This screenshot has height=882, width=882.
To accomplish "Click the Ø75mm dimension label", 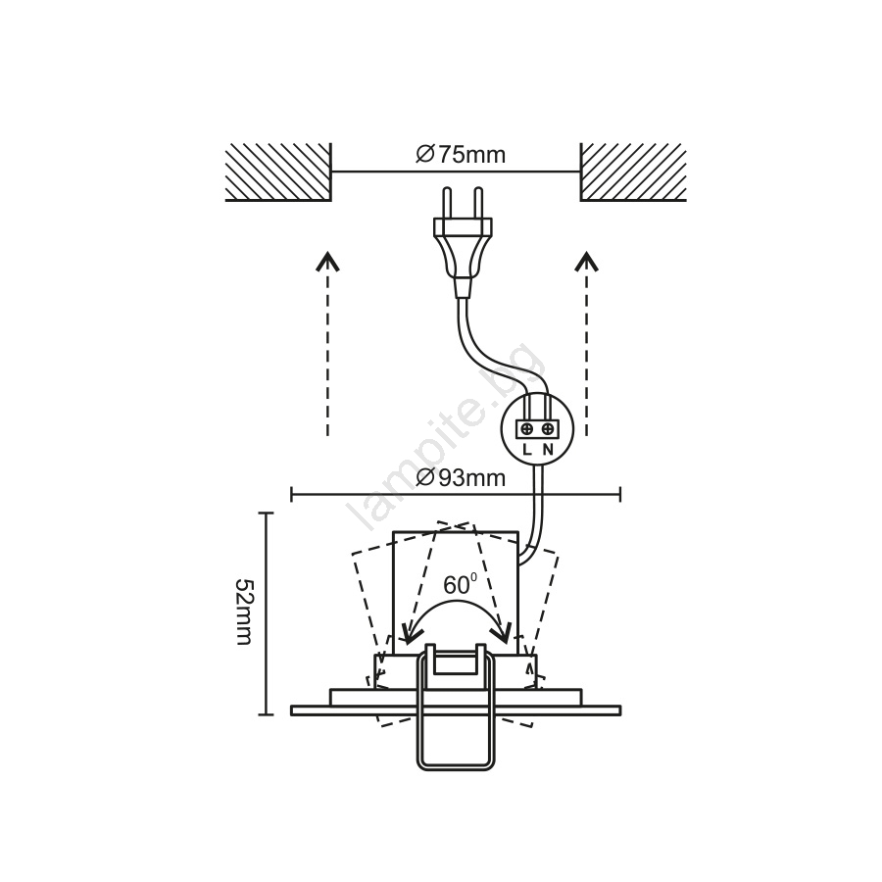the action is [x=461, y=154].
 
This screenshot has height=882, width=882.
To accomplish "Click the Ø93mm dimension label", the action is [x=461, y=477].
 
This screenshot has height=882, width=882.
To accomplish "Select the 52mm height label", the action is [x=245, y=612].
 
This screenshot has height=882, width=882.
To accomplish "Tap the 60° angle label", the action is [x=461, y=584].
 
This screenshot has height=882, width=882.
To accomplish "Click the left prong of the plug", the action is [x=447, y=203].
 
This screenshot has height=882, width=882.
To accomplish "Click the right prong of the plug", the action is [x=478, y=203].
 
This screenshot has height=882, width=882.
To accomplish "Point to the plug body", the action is [x=463, y=256].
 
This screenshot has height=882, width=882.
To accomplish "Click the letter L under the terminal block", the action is [x=526, y=450].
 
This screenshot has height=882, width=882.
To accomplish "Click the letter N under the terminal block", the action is [x=548, y=450].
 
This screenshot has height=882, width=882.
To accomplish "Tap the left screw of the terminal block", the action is [x=527, y=430].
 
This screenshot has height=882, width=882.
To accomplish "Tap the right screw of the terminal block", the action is [x=547, y=430].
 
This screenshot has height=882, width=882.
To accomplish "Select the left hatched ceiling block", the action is [x=278, y=172].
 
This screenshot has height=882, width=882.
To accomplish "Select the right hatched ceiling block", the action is [x=633, y=172].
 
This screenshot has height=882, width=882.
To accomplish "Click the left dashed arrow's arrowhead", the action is [x=326, y=262].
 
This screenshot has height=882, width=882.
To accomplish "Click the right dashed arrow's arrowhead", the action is [x=587, y=262].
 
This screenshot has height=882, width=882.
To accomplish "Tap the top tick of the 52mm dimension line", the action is [x=266, y=513].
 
